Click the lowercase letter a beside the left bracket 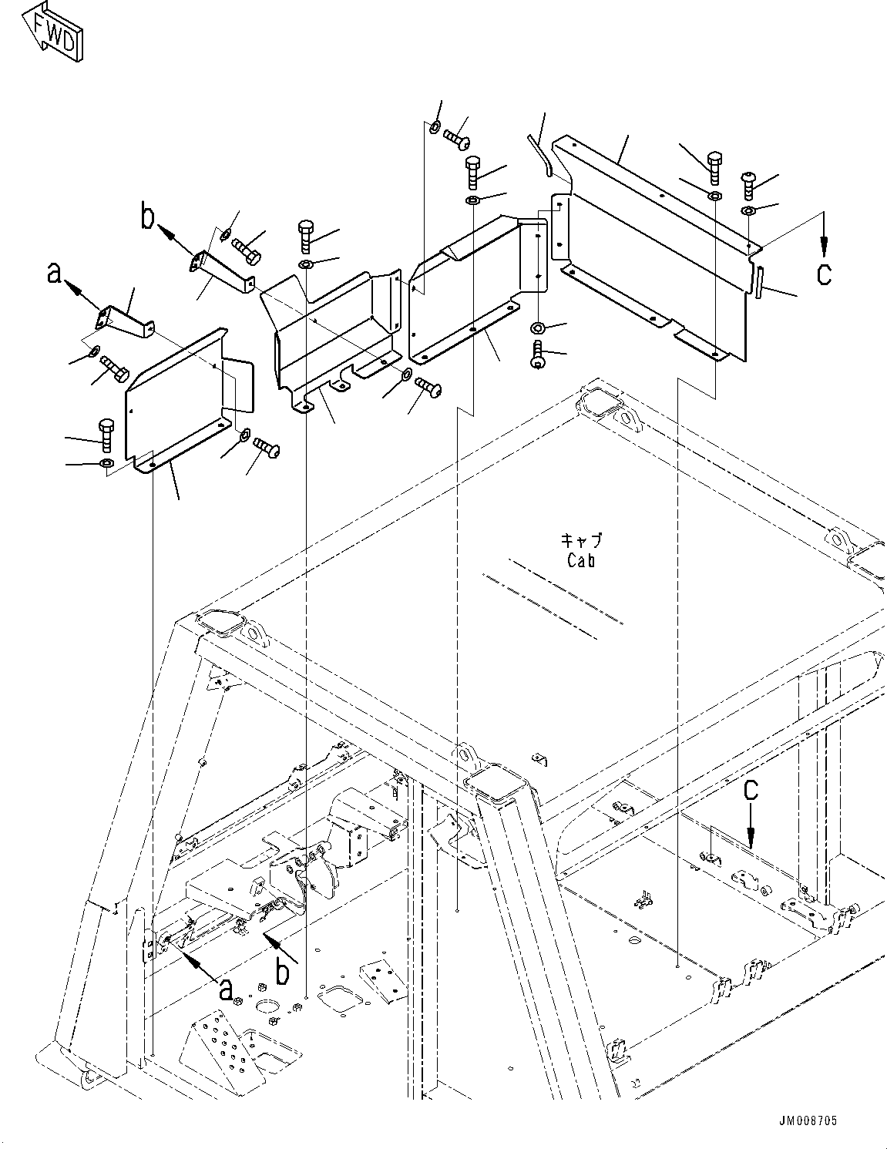coord(54,273)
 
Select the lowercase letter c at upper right coord(824,275)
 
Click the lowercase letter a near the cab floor coord(226,989)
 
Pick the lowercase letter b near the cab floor coord(282,972)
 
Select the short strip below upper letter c coord(759,281)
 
